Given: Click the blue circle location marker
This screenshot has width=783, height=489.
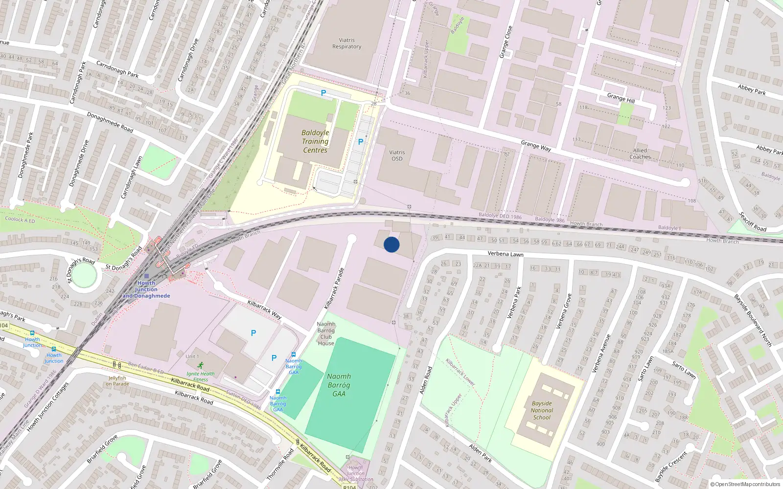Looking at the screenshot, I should coord(391,244).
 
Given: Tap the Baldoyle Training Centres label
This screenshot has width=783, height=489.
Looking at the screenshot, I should coord(315,141).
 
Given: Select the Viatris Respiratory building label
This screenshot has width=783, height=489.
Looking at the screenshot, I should coord(346,44).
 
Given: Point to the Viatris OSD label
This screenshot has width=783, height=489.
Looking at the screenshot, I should coord(397,156).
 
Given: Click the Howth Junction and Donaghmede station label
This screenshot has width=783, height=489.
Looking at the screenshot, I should coord(146,289).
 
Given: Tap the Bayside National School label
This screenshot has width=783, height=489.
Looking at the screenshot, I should coord(542,411).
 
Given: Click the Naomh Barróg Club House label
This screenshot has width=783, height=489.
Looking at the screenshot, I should coord(326,333).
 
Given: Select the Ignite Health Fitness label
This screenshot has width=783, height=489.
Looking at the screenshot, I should coord(200,377).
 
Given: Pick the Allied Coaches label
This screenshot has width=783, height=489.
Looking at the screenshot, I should coord(640,154).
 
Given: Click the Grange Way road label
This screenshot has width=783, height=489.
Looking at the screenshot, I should coord(536,145).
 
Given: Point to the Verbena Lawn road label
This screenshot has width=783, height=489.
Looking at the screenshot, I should coord(506,254).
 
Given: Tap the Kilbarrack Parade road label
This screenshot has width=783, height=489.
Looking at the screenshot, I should coord(334,289).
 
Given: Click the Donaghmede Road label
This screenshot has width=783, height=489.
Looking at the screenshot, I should coord(110,122).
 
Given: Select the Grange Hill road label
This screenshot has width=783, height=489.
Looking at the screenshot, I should coord(621,98).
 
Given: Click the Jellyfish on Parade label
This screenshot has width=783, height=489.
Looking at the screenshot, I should coord(117,381).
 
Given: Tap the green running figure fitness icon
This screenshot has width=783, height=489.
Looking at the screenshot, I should coord(201,365).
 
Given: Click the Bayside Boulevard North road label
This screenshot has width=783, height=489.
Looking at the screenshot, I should coord(752,320).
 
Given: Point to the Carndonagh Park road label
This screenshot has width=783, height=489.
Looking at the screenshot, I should coord(117,69).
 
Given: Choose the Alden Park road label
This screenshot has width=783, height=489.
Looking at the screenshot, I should coord(481,453).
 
